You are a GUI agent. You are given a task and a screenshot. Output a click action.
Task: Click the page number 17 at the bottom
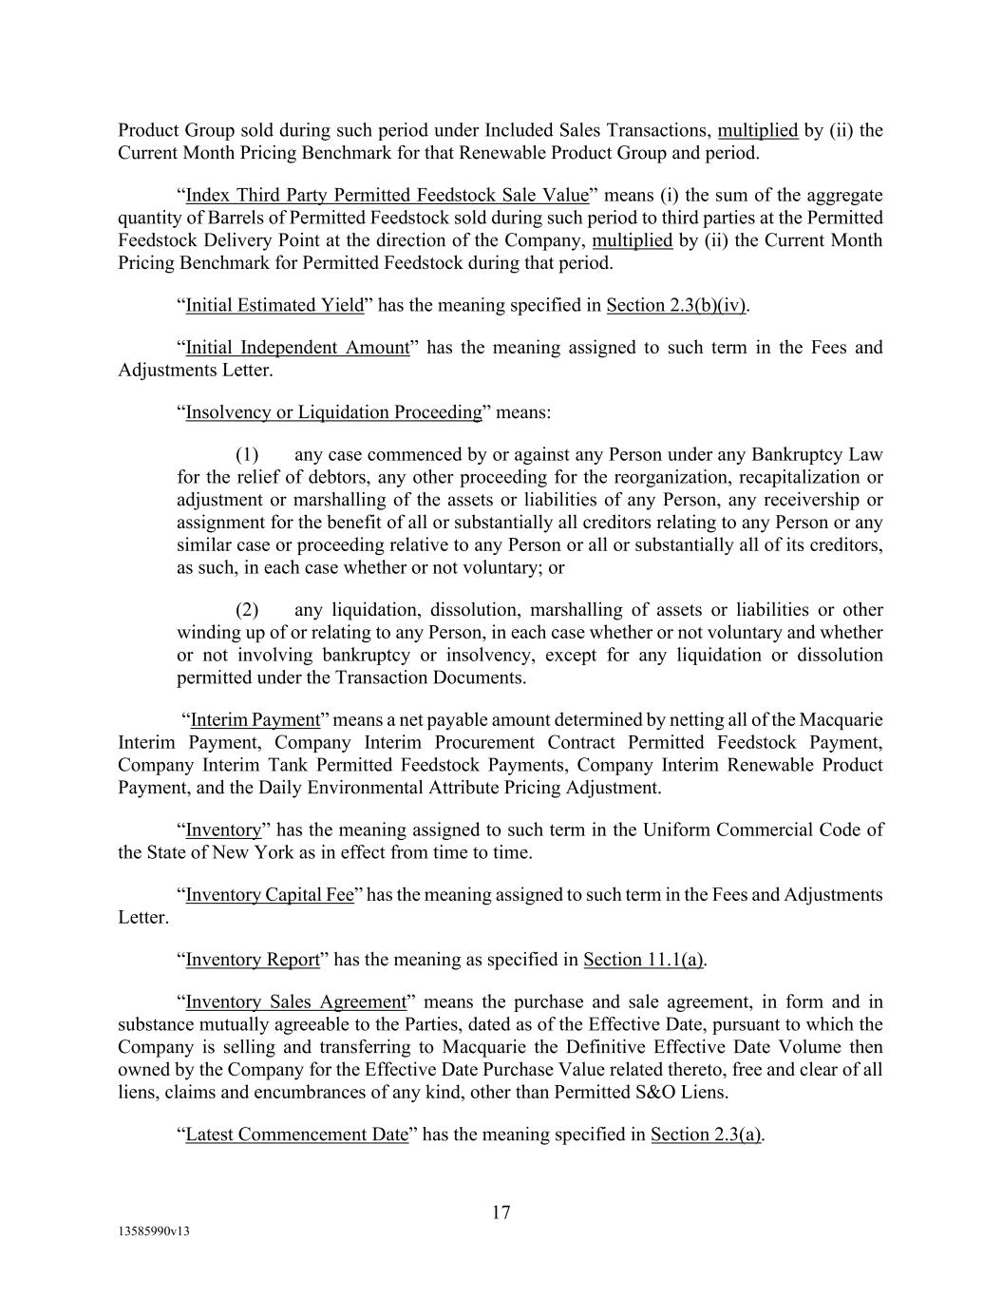point(501,1212)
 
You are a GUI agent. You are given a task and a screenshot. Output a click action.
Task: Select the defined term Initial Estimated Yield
point(274,305)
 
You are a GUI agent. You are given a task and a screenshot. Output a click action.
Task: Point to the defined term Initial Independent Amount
point(297,347)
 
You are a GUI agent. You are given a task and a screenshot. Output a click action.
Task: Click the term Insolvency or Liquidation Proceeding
point(334,411)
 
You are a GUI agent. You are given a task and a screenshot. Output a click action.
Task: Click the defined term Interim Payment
point(255,719)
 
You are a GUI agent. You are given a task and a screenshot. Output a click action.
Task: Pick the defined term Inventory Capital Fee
point(270,894)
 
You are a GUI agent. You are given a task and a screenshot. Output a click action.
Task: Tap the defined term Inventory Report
point(253,959)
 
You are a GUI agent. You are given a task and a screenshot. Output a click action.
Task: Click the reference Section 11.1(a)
point(643,959)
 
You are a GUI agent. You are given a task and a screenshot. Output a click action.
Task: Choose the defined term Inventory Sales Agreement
point(295,1001)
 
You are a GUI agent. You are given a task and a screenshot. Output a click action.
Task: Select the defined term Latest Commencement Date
point(296,1134)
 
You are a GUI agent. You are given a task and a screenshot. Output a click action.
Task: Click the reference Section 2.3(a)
point(707,1134)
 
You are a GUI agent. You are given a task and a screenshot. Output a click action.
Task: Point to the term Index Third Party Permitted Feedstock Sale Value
point(388,195)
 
